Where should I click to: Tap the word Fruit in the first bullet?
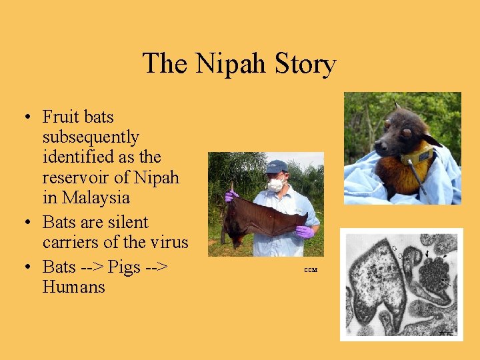pos(59,117)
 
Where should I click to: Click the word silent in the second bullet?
pos(127,223)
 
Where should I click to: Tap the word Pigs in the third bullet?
pos(125,267)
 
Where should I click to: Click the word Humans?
pos(73,287)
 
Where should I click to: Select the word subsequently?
pos(91,137)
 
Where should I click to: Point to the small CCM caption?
pos(310,270)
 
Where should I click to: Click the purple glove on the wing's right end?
pos(305,231)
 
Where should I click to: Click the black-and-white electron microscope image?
pos(401,284)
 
